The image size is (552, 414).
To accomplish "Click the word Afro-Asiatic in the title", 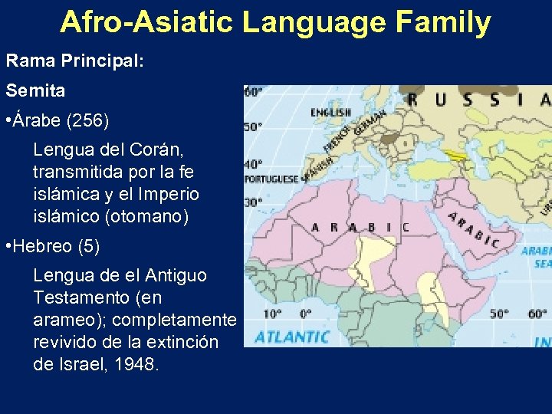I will (146, 22).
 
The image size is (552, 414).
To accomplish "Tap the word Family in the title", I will (444, 22).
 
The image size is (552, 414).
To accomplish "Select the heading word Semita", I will (36, 90).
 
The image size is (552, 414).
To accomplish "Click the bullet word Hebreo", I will (47, 247).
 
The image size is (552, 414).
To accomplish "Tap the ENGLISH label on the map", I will (330, 113).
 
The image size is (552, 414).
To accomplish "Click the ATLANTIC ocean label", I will (292, 337).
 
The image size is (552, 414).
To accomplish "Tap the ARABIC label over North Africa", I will (360, 227).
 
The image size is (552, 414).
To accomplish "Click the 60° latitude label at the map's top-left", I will (253, 92).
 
